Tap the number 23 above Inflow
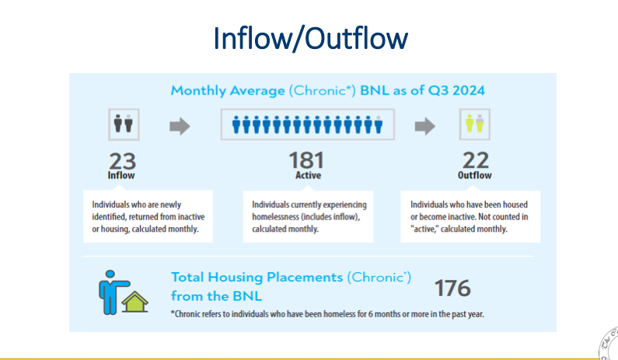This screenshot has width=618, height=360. [122, 161]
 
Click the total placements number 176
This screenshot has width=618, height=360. [452, 288]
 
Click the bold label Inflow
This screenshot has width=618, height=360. [121, 176]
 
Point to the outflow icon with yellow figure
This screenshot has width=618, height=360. [474, 124]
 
